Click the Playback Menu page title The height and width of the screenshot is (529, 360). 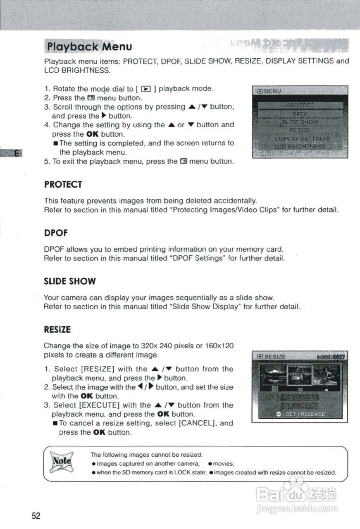(89, 46)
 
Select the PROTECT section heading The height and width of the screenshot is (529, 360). (63, 184)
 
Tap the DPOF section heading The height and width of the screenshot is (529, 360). (56, 233)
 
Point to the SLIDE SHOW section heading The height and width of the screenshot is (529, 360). (69, 281)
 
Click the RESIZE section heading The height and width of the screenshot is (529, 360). (57, 330)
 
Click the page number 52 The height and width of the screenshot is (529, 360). (36, 516)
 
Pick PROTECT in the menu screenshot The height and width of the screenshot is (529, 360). (300, 105)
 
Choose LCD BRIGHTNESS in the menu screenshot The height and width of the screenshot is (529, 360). (300, 147)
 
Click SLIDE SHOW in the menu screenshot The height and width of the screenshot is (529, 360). (300, 122)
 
